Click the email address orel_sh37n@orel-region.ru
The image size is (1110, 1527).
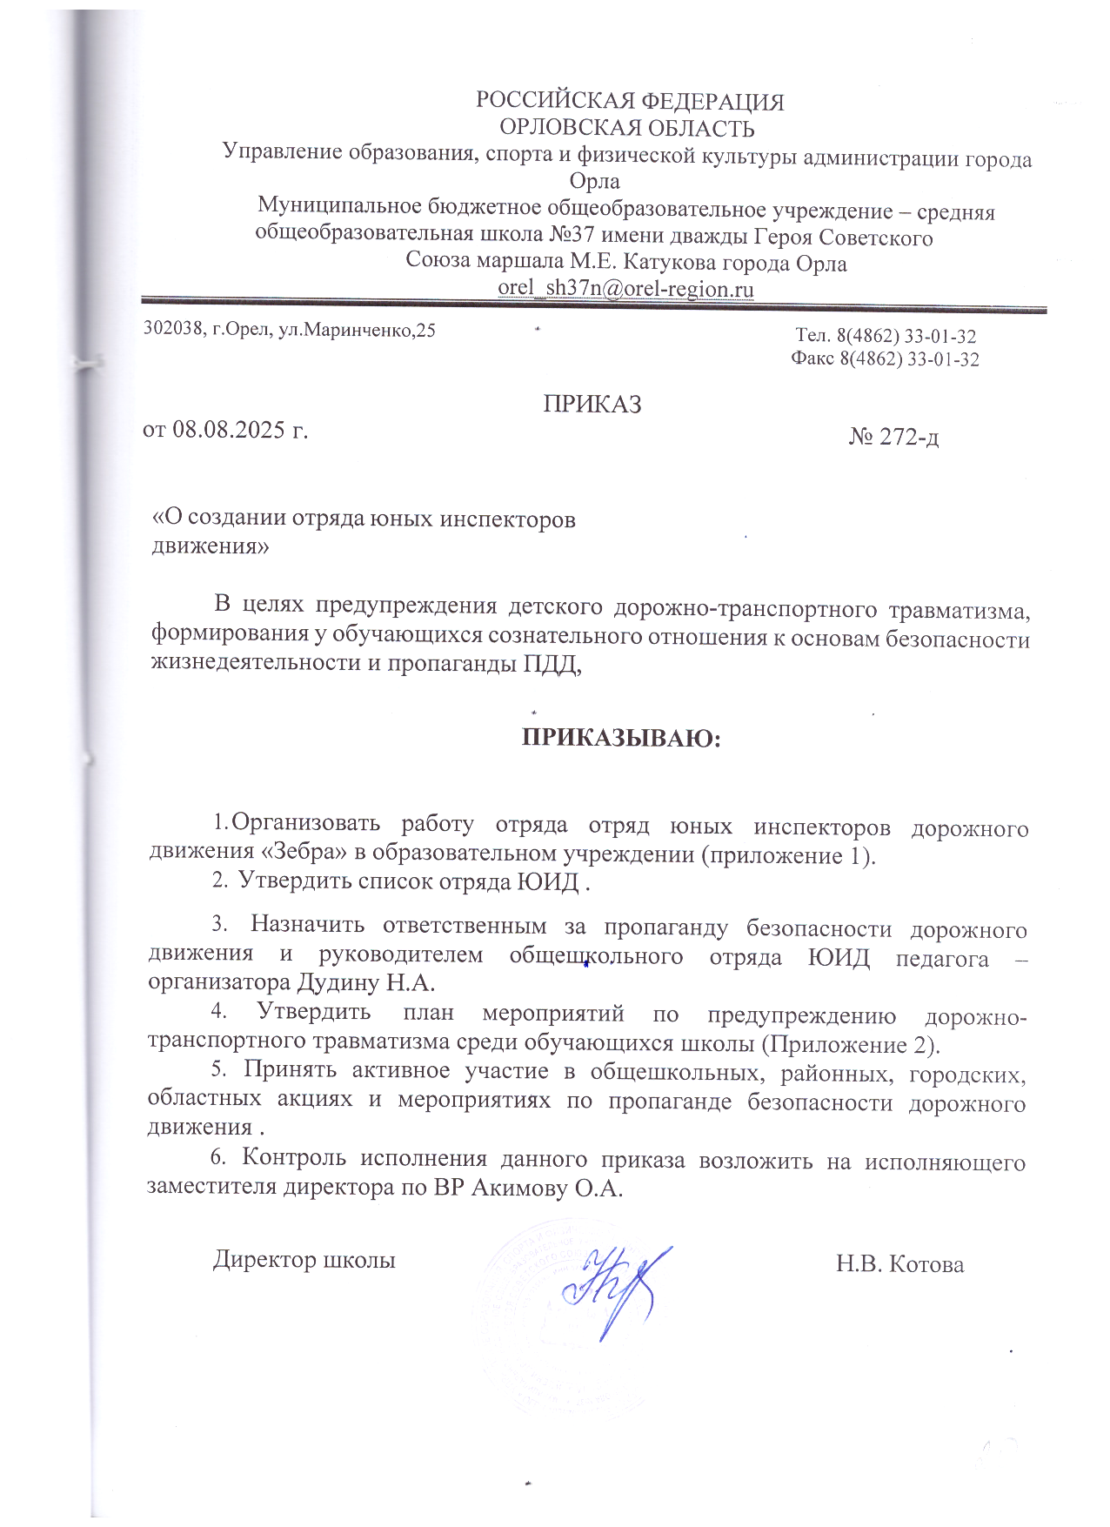(625, 289)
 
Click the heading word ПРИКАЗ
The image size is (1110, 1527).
(592, 404)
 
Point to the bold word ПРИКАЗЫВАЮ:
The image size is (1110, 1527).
(622, 738)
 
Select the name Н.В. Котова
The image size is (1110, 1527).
(899, 1263)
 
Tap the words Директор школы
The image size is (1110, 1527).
(304, 1259)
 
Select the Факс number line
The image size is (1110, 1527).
(885, 358)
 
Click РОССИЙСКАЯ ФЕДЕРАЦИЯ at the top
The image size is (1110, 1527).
(630, 102)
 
